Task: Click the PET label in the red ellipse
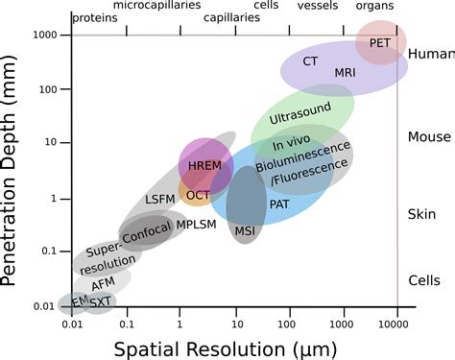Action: pos(381,43)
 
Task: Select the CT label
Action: pos(310,60)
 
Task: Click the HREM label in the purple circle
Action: pos(205,166)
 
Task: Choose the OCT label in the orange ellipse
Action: pos(198,195)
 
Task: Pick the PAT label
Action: pos(279,204)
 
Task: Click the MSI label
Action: pos(246,230)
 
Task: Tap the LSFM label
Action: pos(160,200)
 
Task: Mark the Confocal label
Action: pos(146,231)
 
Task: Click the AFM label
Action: pos(104,284)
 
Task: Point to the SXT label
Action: pos(100,301)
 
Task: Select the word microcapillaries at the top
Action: pos(156,6)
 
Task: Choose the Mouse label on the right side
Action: pos(429,137)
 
